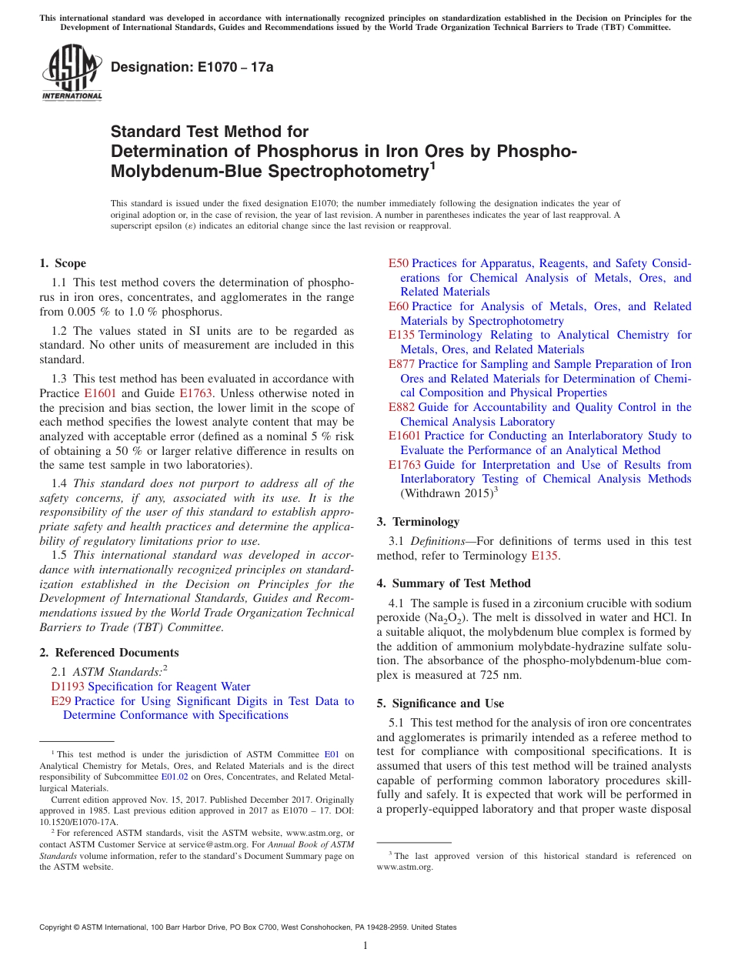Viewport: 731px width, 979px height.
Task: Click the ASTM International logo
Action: tap(72, 74)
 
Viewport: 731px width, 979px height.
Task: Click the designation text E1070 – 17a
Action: tap(192, 67)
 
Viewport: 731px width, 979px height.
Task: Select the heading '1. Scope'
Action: tap(63, 263)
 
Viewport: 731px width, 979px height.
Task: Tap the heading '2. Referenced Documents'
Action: tap(109, 653)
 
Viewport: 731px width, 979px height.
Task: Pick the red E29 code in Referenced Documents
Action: tap(61, 701)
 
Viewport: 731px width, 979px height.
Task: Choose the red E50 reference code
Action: tap(399, 263)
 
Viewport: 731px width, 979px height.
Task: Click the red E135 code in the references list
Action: tap(402, 335)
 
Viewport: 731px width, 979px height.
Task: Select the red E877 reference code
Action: tap(402, 364)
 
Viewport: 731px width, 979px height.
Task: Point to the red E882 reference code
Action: tap(402, 407)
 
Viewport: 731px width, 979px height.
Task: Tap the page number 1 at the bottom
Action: tap(365, 946)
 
